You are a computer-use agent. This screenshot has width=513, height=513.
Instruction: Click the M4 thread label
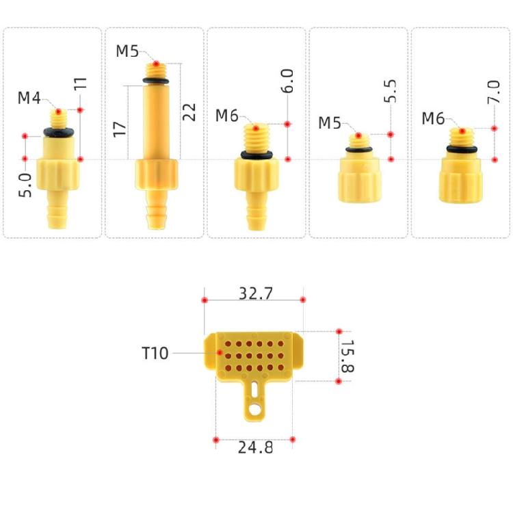pyautogui.click(x=29, y=98)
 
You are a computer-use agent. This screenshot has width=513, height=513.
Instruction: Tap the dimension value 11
pyautogui.click(x=81, y=85)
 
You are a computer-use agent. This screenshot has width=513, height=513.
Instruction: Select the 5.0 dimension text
pyautogui.click(x=25, y=185)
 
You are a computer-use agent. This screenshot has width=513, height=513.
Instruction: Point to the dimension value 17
pyautogui.click(x=120, y=128)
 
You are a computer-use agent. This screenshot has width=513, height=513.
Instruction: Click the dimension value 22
pyautogui.click(x=189, y=111)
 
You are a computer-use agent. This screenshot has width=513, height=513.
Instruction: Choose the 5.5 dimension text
pyautogui.click(x=391, y=91)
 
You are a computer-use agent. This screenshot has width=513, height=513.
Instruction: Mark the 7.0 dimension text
pyautogui.click(x=494, y=91)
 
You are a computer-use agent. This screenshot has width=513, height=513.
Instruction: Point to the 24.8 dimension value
pyautogui.click(x=255, y=448)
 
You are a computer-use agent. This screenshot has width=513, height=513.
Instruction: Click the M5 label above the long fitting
pyautogui.click(x=128, y=51)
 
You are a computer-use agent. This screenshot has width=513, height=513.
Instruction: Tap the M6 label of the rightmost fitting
pyautogui.click(x=433, y=118)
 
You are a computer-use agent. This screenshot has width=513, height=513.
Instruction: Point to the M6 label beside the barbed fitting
pyautogui.click(x=227, y=116)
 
